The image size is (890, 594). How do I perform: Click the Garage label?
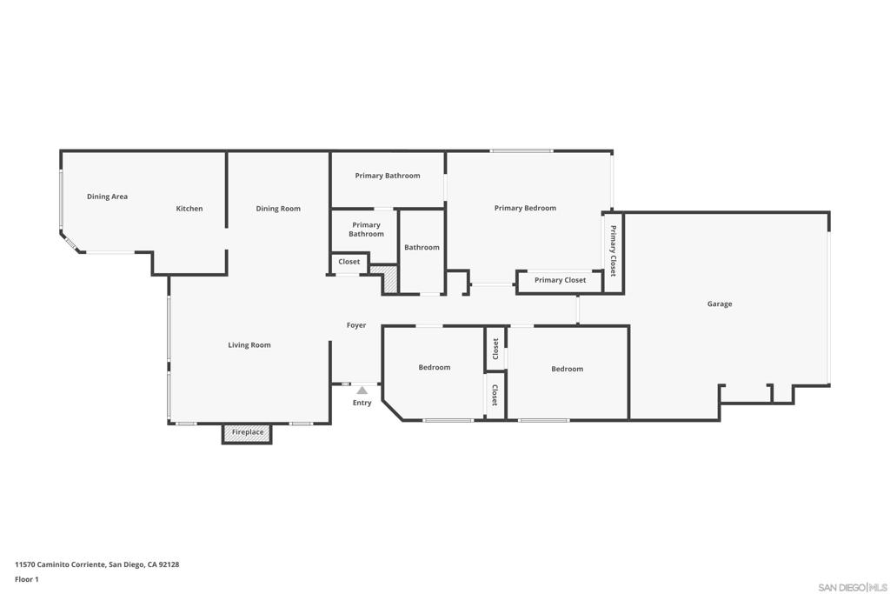(719, 304)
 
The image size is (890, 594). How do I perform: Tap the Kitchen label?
(189, 209)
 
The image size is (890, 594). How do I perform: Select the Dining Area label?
(107, 197)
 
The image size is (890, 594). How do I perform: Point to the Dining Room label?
(278, 209)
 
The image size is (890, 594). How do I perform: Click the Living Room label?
(249, 345)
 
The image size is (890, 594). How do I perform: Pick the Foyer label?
(356, 325)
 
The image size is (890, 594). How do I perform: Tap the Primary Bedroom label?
(525, 208)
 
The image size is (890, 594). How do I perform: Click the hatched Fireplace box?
(247, 432)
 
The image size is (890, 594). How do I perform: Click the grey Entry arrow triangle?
(362, 390)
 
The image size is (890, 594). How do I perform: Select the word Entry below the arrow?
(362, 403)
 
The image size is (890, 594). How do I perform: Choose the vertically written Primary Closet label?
(613, 251)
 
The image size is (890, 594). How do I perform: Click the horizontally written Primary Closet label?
(560, 280)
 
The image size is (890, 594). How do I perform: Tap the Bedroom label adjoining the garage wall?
(567, 369)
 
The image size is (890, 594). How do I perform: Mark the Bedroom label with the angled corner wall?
(435, 367)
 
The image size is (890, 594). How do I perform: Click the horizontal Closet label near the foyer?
(349, 262)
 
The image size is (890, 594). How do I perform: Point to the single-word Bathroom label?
(422, 247)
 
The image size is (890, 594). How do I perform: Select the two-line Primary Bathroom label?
(366, 230)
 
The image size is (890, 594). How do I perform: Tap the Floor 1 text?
(27, 579)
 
